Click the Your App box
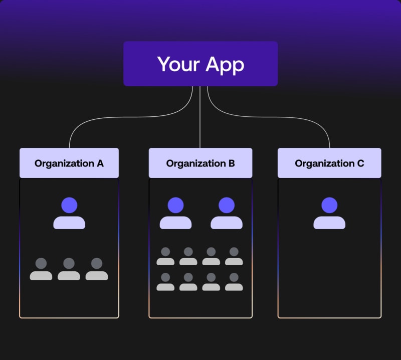pyautogui.click(x=200, y=64)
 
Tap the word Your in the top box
pyautogui.click(x=176, y=64)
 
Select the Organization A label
pyautogui.click(x=69, y=163)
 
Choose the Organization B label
pyautogui.click(x=200, y=163)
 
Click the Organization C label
pyautogui.click(x=329, y=163)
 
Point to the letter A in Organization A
pyautogui.click(x=100, y=163)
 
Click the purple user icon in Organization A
pyautogui.click(x=69, y=213)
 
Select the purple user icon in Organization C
pyautogui.click(x=329, y=213)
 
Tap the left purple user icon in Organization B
pyautogui.click(x=175, y=213)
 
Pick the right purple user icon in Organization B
pyautogui.click(x=226, y=213)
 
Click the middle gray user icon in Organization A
pyautogui.click(x=69, y=269)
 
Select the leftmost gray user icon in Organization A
pyautogui.click(x=41, y=269)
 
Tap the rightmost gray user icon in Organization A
pyautogui.click(x=97, y=269)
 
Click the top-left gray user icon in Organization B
pyautogui.click(x=165, y=256)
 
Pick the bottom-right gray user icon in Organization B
pyautogui.click(x=234, y=282)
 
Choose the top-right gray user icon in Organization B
pyautogui.click(x=234, y=256)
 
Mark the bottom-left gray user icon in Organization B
pyautogui.click(x=165, y=282)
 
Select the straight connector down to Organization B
pyautogui.click(x=200, y=120)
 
